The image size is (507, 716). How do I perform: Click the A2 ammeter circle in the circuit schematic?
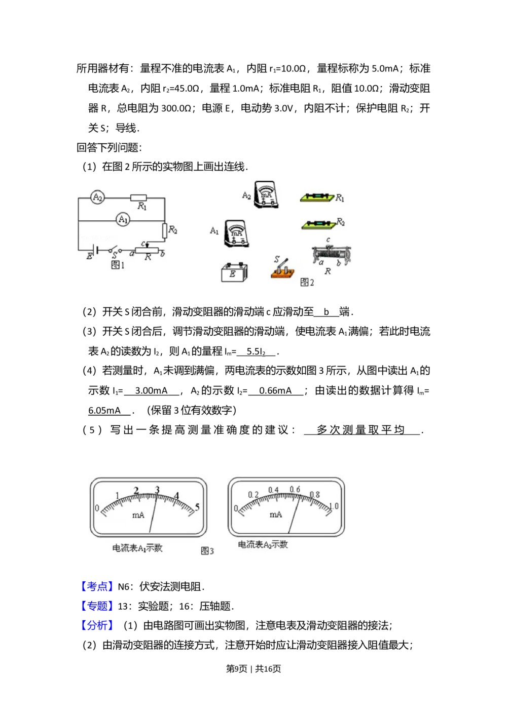click(97, 197)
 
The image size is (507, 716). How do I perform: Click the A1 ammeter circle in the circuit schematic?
click(123, 220)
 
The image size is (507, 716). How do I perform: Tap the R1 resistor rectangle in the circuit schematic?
click(138, 198)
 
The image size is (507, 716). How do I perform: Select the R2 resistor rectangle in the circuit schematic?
click(165, 231)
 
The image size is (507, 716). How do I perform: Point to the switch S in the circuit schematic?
click(115, 250)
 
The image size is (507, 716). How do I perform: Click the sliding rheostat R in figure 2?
click(331, 255)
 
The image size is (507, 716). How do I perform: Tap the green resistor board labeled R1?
click(317, 197)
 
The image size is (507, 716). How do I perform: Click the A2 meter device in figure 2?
click(266, 194)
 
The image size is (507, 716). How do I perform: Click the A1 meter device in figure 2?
click(236, 233)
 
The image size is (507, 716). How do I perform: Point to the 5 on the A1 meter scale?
click(197, 507)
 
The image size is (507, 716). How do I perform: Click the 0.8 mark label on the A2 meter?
click(315, 495)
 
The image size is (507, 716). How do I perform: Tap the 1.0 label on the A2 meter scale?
click(334, 506)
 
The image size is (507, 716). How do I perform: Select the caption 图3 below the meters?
click(207, 550)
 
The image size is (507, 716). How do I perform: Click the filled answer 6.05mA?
click(104, 410)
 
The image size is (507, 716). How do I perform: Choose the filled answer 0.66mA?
click(275, 390)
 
